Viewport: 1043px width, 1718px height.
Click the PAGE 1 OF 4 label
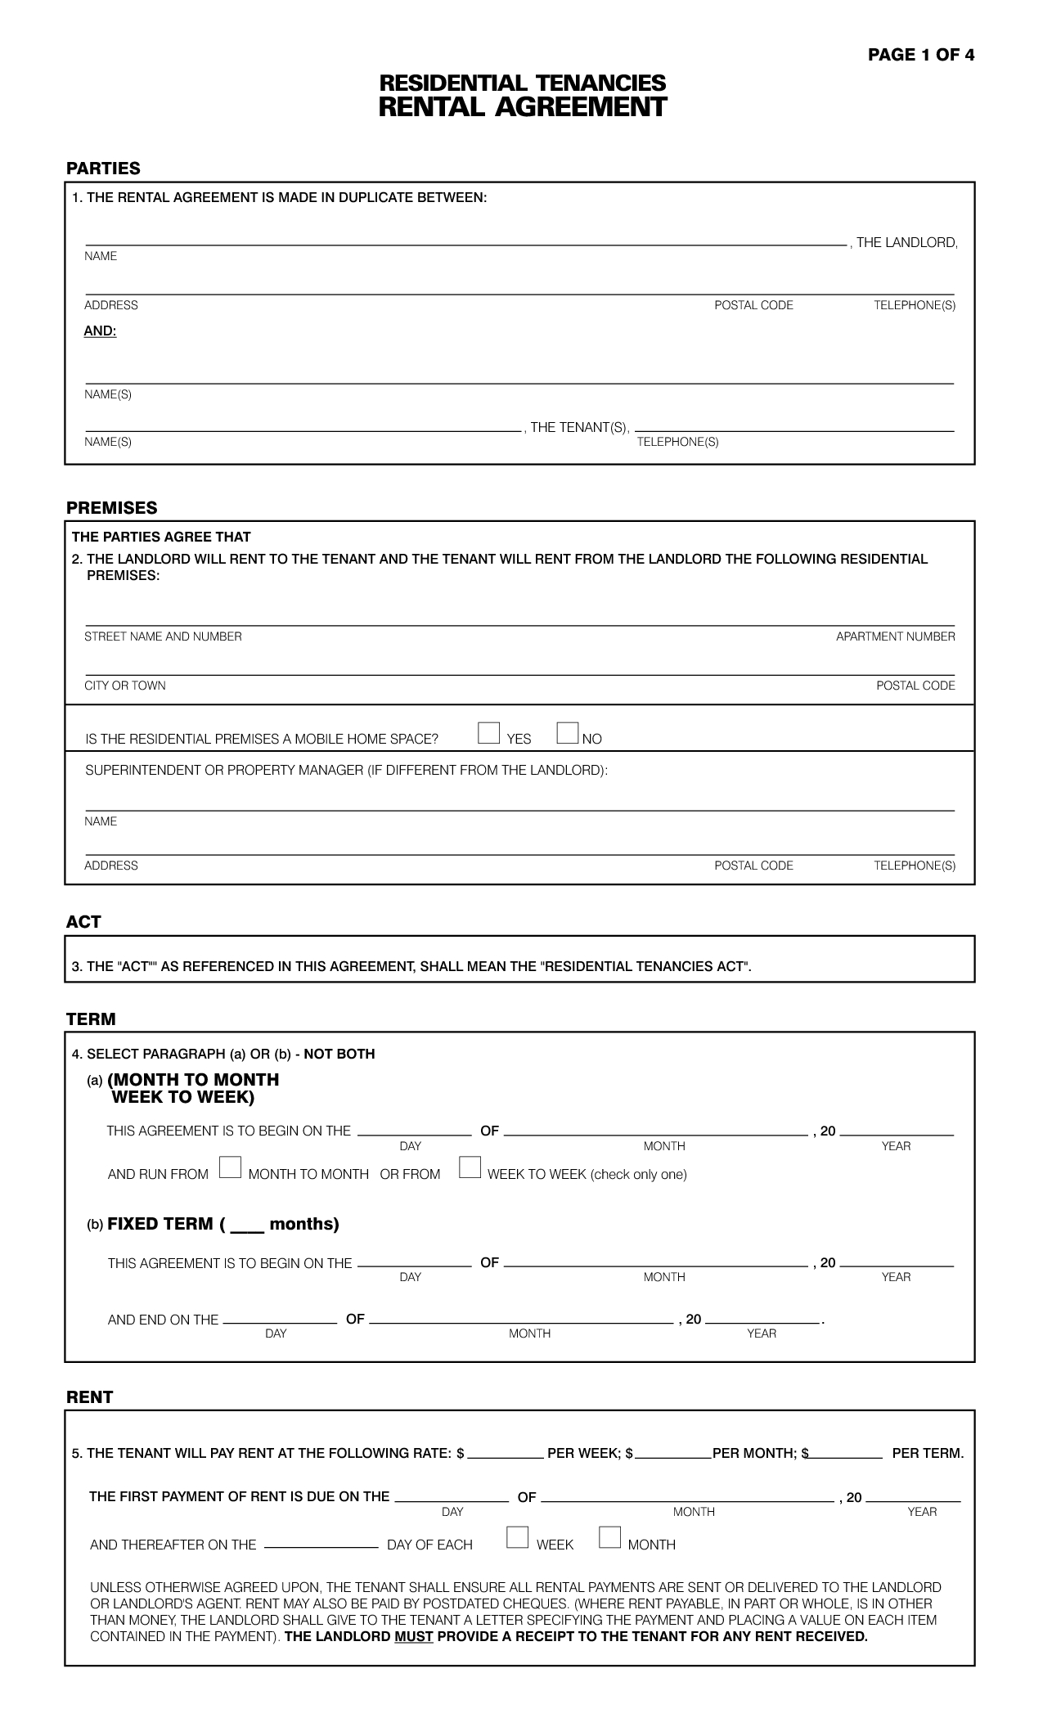tap(920, 55)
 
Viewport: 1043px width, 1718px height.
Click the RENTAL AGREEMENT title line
tap(522, 107)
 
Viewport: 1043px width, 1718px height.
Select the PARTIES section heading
tap(103, 169)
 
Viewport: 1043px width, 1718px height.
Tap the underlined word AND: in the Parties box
tap(100, 331)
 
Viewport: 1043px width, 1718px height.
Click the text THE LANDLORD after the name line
tap(906, 242)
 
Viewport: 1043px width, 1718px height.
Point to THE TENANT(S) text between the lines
tap(579, 427)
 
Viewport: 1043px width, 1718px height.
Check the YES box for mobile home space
tap(488, 733)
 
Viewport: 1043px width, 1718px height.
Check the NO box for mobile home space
tap(567, 733)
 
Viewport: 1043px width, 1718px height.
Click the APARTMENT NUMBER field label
tap(895, 636)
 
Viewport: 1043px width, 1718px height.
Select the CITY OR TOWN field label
tap(125, 686)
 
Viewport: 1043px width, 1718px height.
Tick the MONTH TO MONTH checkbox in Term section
tap(230, 1167)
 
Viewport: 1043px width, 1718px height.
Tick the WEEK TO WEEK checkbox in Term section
tap(470, 1167)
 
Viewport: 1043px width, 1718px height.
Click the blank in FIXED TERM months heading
tap(247, 1226)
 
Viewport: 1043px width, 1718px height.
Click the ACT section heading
tap(83, 922)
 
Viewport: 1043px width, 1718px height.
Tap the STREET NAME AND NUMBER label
tap(163, 636)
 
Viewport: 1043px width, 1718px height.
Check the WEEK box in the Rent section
tap(517, 1538)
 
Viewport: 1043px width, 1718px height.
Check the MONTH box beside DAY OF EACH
tap(609, 1538)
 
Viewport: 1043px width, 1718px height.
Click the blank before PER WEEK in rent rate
tap(506, 1453)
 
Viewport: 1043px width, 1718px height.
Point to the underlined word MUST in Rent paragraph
tap(413, 1636)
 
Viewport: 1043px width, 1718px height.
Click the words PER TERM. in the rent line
tap(928, 1454)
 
